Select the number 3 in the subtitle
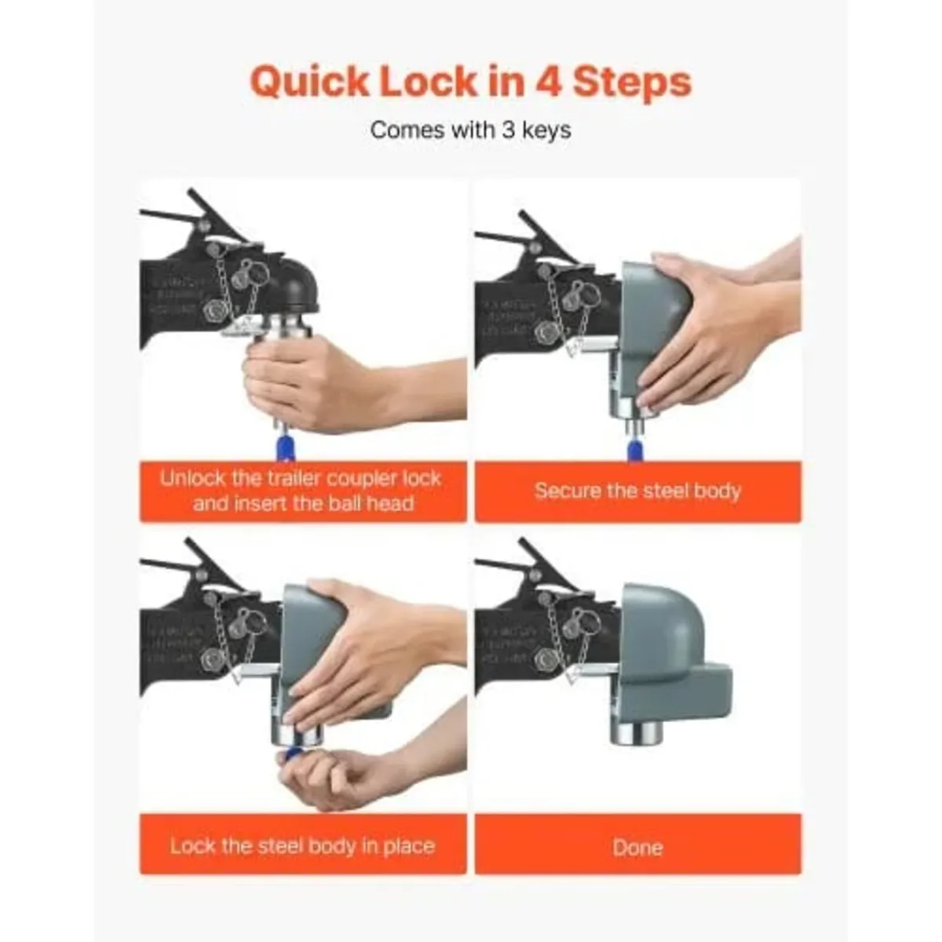508,130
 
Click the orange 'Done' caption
637,847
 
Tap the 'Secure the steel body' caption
637,491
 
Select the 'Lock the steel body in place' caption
302,846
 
